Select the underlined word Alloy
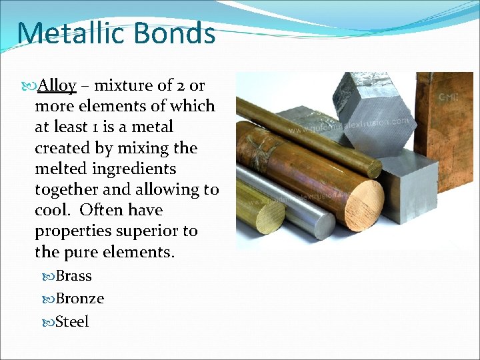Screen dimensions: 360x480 (57, 85)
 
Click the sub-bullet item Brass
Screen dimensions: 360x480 (73, 276)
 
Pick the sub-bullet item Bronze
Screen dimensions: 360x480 (79, 299)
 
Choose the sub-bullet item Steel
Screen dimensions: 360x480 (72, 321)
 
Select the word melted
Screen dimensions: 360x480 (62, 168)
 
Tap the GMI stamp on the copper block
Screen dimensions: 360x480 (447, 98)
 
